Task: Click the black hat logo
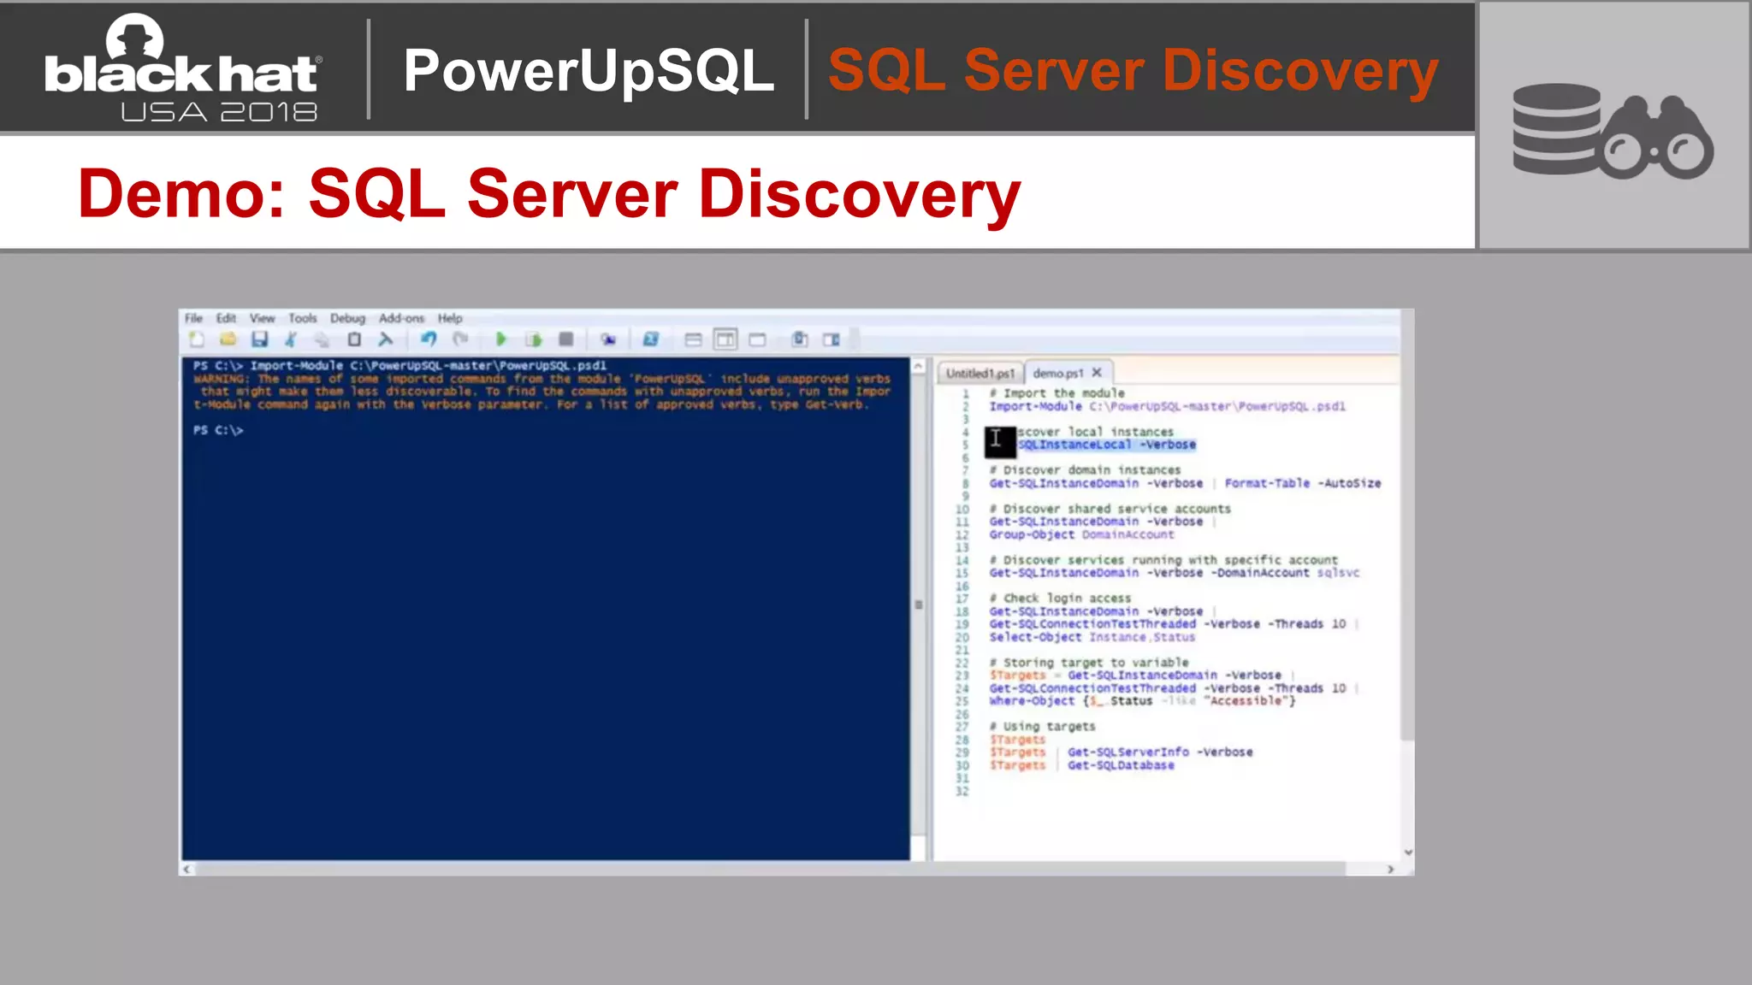[x=182, y=68]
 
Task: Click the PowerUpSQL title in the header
[x=589, y=70]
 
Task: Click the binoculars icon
[x=1657, y=139]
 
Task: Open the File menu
[x=194, y=318]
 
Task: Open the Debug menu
[x=347, y=318]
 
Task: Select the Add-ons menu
[x=401, y=318]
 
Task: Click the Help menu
[x=450, y=318]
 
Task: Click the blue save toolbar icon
[x=259, y=339]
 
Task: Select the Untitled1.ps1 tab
[x=980, y=373]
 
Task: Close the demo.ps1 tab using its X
[x=1097, y=372]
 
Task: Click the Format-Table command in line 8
[x=1266, y=483]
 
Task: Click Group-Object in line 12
[x=1032, y=534]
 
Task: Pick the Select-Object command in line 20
[x=1035, y=637]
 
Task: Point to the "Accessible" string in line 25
[x=1249, y=701]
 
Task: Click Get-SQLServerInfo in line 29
[x=1128, y=752]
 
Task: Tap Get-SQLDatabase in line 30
[x=1121, y=765]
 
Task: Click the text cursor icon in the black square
[x=997, y=439]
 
